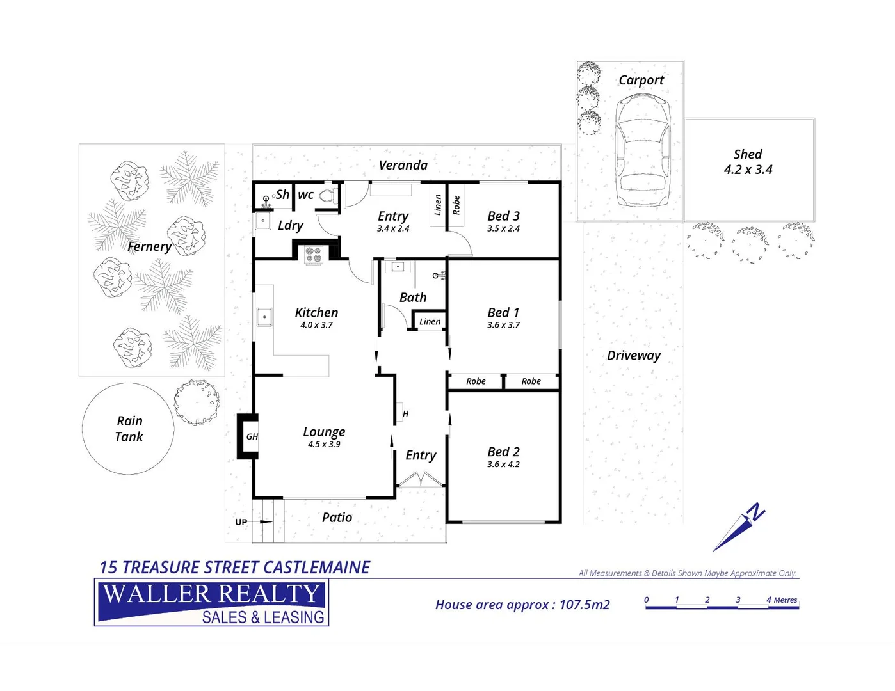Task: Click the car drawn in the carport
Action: click(x=643, y=150)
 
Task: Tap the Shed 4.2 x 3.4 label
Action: click(x=748, y=163)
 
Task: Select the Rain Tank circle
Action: click(x=128, y=429)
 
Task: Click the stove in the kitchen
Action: click(x=313, y=255)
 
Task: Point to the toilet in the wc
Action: click(x=328, y=196)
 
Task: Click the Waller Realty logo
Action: click(x=211, y=602)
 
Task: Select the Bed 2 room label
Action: click(x=503, y=452)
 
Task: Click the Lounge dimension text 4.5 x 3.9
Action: click(x=324, y=445)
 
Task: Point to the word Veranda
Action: click(x=403, y=165)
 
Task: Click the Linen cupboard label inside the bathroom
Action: click(x=430, y=322)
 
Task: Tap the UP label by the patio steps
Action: click(x=241, y=522)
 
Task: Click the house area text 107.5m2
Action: click(x=585, y=605)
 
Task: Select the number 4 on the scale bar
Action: click(x=769, y=600)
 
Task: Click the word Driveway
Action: click(x=633, y=356)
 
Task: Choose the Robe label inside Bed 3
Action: click(x=456, y=205)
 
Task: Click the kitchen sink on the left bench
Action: click(x=264, y=316)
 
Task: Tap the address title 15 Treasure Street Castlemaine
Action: click(x=234, y=568)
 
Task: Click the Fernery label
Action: click(x=149, y=246)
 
